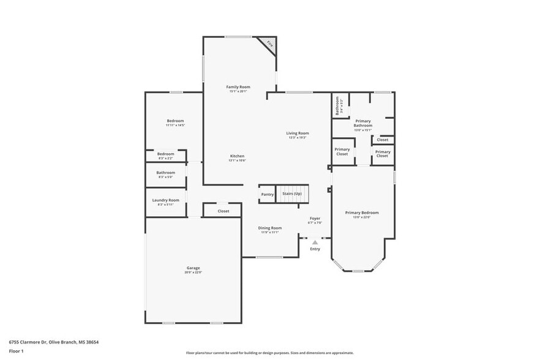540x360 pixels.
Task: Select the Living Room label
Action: point(298,133)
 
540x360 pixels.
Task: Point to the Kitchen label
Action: point(237,156)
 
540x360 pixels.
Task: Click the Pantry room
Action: point(267,195)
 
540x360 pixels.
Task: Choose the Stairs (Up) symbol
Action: point(291,193)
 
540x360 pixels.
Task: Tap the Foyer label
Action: point(315,218)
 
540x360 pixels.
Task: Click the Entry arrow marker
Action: point(315,242)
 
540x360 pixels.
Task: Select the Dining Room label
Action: point(269,228)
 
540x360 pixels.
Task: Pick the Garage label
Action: point(193,268)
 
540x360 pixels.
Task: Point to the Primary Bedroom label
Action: point(362,212)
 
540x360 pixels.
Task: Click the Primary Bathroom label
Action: point(363,122)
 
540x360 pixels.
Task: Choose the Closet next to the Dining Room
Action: point(223,211)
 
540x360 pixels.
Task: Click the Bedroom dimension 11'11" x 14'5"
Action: point(175,125)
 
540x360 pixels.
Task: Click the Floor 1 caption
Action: point(16,351)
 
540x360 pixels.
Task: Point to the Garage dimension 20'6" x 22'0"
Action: point(193,272)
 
